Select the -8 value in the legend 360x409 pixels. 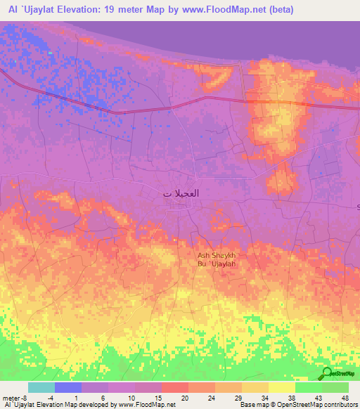pyautogui.click(x=23, y=397)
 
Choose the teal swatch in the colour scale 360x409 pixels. pyautogui.click(x=41, y=387)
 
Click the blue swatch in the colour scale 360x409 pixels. pyautogui.click(x=68, y=387)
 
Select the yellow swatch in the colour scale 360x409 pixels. pyautogui.click(x=281, y=387)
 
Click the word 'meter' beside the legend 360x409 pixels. pyautogui.click(x=10, y=397)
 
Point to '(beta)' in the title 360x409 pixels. pyautogui.click(x=277, y=11)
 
